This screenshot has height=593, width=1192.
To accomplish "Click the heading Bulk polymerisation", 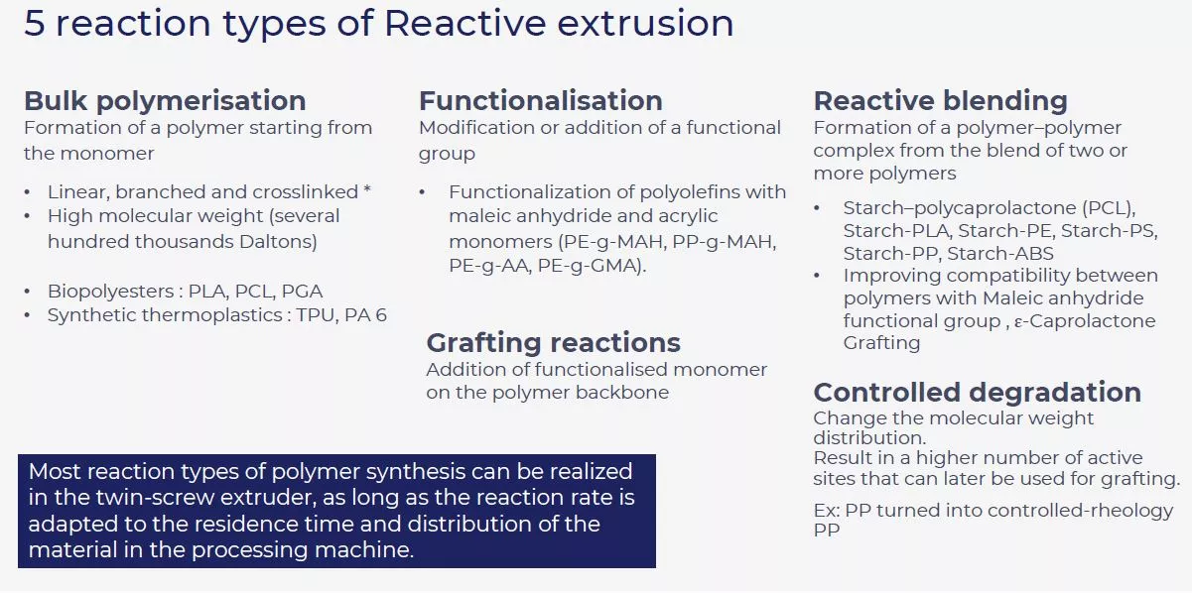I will [165, 101].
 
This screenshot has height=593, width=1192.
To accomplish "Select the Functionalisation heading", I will [540, 101].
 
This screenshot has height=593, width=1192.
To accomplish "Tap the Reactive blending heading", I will [940, 101].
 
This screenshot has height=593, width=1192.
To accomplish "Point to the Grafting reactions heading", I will [553, 343].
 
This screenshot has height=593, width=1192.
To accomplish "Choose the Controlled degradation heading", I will [977, 392].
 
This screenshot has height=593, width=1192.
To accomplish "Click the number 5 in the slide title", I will [35, 24].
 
